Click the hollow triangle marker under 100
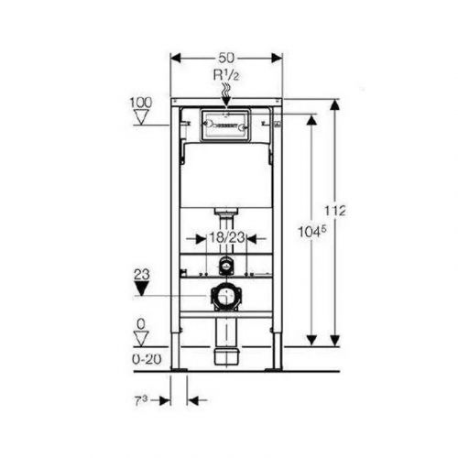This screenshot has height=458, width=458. click(x=140, y=117)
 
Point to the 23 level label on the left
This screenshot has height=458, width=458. click(x=140, y=272)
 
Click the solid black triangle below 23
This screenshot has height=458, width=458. click(x=140, y=289)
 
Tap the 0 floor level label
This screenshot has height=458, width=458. click(x=140, y=323)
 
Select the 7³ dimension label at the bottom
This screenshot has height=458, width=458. click(x=140, y=400)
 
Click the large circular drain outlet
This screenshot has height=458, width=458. click(x=224, y=297)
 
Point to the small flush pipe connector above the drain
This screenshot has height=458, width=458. click(x=225, y=266)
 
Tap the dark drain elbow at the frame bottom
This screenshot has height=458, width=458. click(x=225, y=354)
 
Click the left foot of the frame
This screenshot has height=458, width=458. click(x=179, y=367)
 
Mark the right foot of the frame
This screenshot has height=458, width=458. click(x=274, y=367)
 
